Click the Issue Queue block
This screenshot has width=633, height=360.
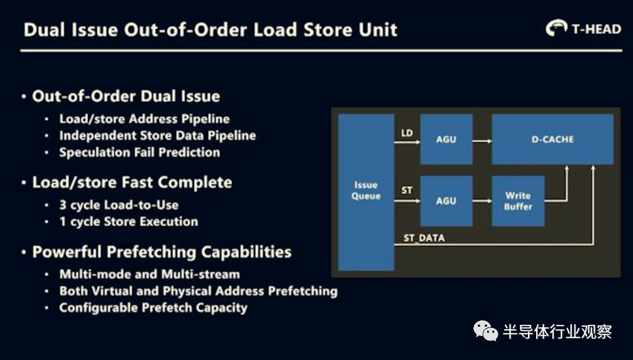click(x=366, y=192)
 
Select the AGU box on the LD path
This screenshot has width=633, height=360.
click(x=446, y=139)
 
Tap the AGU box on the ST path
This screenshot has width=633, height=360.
click(x=446, y=201)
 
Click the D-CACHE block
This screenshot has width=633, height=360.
click(x=553, y=139)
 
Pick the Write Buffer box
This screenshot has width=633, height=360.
click(x=518, y=201)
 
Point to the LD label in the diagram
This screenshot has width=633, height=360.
click(x=407, y=133)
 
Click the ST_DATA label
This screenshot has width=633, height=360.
click(x=424, y=238)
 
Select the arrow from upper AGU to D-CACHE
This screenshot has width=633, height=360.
click(x=482, y=141)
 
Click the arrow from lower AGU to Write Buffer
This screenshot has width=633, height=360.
click(x=482, y=201)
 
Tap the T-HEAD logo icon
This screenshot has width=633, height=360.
click(x=556, y=28)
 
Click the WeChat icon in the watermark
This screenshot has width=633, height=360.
click(x=486, y=331)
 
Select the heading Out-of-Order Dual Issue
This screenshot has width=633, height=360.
click(x=126, y=96)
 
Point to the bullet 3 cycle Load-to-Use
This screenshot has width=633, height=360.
click(x=119, y=205)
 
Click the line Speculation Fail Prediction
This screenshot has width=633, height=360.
click(x=140, y=152)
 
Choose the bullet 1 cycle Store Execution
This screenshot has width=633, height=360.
click(x=129, y=222)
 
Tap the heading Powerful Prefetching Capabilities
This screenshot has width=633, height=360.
click(x=162, y=252)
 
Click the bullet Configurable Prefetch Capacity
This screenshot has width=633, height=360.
click(x=153, y=308)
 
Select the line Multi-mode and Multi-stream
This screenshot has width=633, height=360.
click(x=150, y=275)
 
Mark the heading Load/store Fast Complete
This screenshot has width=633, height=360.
click(x=132, y=182)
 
